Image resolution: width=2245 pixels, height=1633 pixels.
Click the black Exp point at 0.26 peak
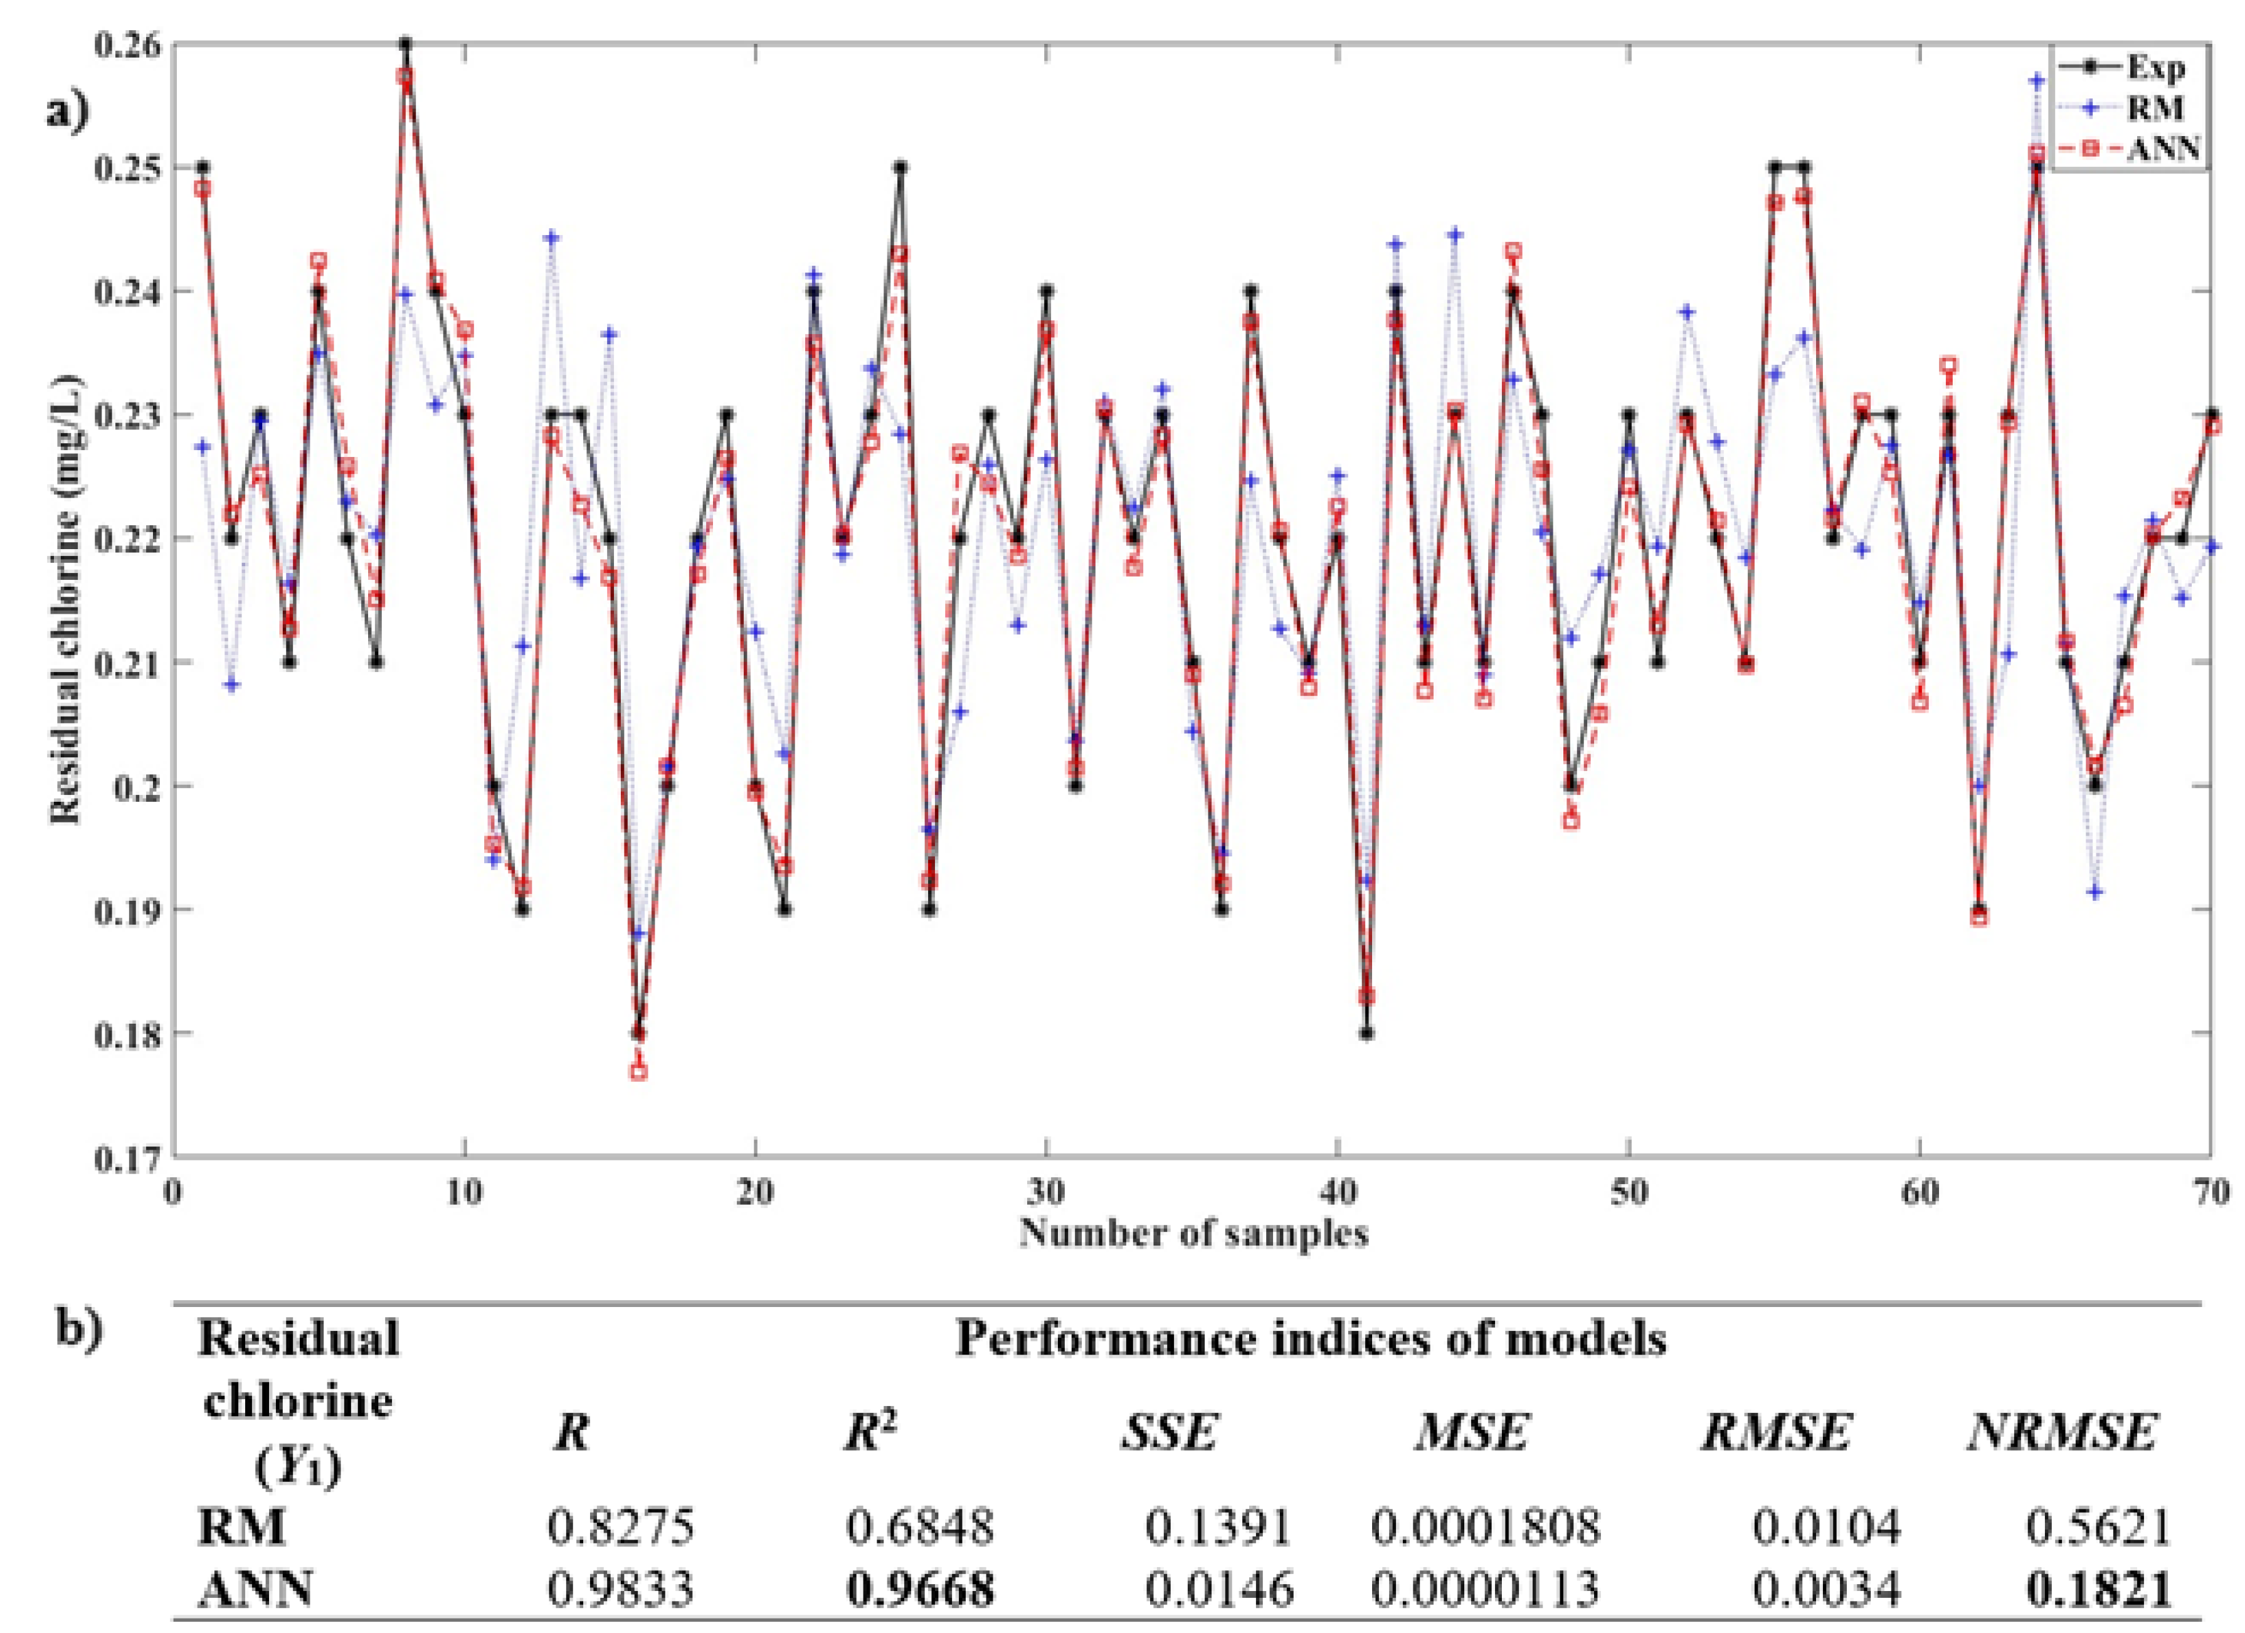pos(405,45)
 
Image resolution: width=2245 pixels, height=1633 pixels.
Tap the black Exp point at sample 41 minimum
pos(1366,1033)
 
